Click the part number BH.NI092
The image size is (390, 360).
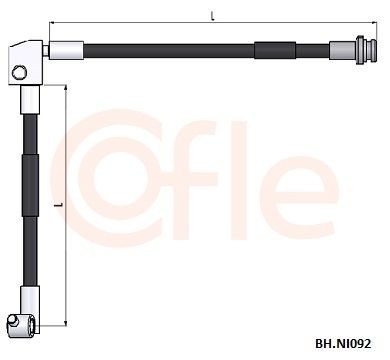(x=343, y=344)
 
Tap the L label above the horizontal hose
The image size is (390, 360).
(x=212, y=16)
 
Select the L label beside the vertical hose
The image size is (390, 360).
(x=59, y=204)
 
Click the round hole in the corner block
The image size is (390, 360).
(x=19, y=72)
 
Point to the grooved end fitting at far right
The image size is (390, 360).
(x=366, y=50)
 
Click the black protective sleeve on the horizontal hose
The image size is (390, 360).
(x=275, y=50)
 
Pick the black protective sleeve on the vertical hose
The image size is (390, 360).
(x=31, y=186)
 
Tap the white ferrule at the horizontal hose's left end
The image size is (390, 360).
(x=66, y=50)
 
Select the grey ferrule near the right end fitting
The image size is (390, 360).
(x=343, y=50)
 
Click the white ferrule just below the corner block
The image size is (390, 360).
(x=30, y=100)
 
